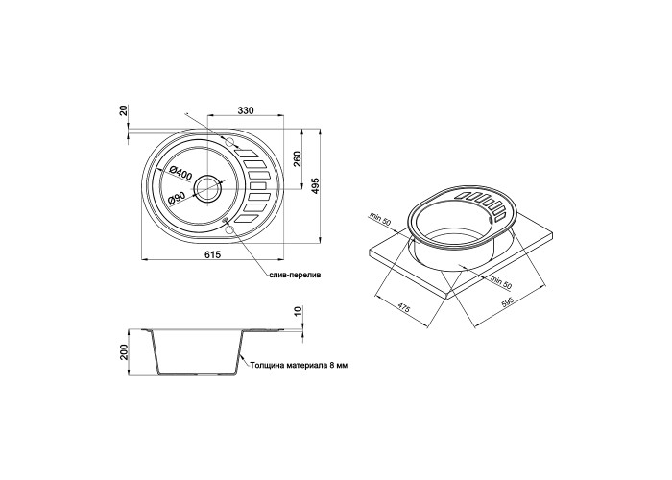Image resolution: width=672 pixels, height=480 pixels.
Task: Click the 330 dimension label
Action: (x=246, y=110)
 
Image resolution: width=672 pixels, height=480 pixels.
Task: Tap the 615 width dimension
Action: (x=212, y=254)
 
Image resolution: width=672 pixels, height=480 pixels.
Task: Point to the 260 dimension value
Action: (x=298, y=159)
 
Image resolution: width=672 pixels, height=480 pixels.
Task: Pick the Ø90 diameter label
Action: (x=176, y=198)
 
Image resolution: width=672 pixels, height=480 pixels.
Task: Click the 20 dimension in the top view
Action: (x=124, y=110)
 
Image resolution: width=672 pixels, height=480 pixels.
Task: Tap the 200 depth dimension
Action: (x=124, y=352)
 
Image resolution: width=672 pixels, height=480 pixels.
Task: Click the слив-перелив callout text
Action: (x=295, y=275)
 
